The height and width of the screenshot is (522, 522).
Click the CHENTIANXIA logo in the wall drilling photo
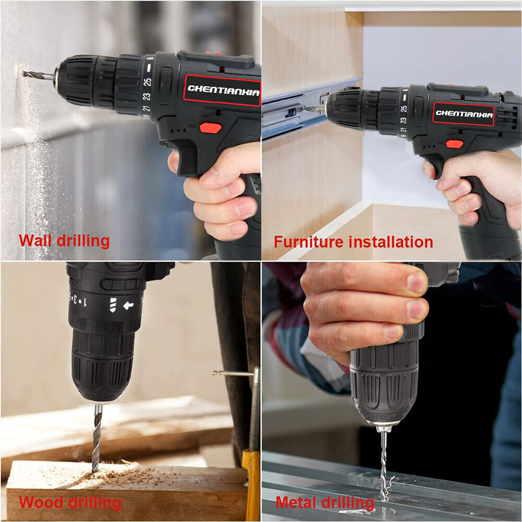click(223, 90)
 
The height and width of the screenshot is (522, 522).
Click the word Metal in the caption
click(295, 503)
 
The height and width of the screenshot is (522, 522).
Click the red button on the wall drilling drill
click(211, 128)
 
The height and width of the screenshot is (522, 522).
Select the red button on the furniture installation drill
click(454, 144)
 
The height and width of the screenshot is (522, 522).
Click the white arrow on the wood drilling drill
click(128, 306)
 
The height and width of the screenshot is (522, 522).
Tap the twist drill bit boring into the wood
click(97, 439)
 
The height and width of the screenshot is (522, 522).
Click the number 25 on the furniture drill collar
click(404, 108)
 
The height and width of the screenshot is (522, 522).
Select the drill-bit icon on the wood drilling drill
click(113, 305)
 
